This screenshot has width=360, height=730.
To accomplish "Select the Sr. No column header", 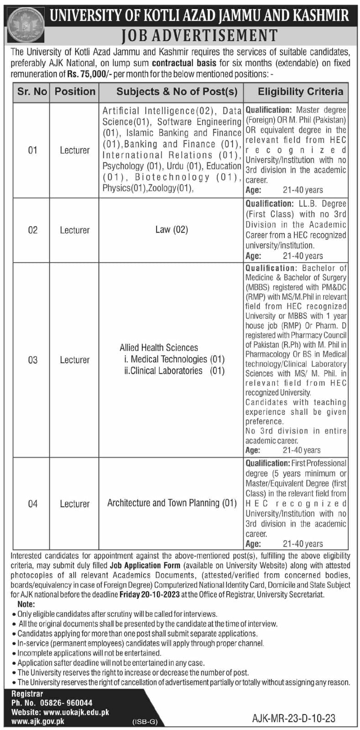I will (x=32, y=91).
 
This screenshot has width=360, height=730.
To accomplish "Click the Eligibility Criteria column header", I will (x=300, y=91).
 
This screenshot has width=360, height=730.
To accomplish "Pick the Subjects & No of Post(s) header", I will (x=177, y=91).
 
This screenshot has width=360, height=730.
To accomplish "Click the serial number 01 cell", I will (x=32, y=150).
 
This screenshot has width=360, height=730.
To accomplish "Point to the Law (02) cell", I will (x=172, y=229).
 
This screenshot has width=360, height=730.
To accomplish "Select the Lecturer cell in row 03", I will (x=75, y=360).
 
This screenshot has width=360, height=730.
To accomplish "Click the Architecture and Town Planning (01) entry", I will (x=172, y=503).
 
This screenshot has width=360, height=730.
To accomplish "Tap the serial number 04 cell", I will (x=32, y=504).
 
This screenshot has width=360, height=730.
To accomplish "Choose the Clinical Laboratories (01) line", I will (x=174, y=370).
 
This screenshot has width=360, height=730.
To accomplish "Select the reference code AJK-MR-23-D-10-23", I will (x=293, y=718).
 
